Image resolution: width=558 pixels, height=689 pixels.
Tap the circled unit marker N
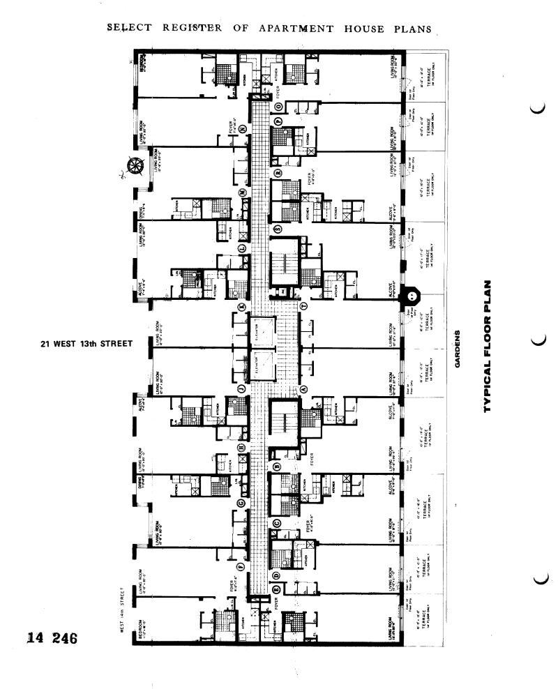tap(243, 130)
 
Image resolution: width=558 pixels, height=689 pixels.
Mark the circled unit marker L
tap(242, 248)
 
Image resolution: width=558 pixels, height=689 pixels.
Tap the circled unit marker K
tap(242, 307)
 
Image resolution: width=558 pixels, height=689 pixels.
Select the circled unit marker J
tap(241, 388)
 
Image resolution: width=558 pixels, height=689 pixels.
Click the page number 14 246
tap(51, 637)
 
